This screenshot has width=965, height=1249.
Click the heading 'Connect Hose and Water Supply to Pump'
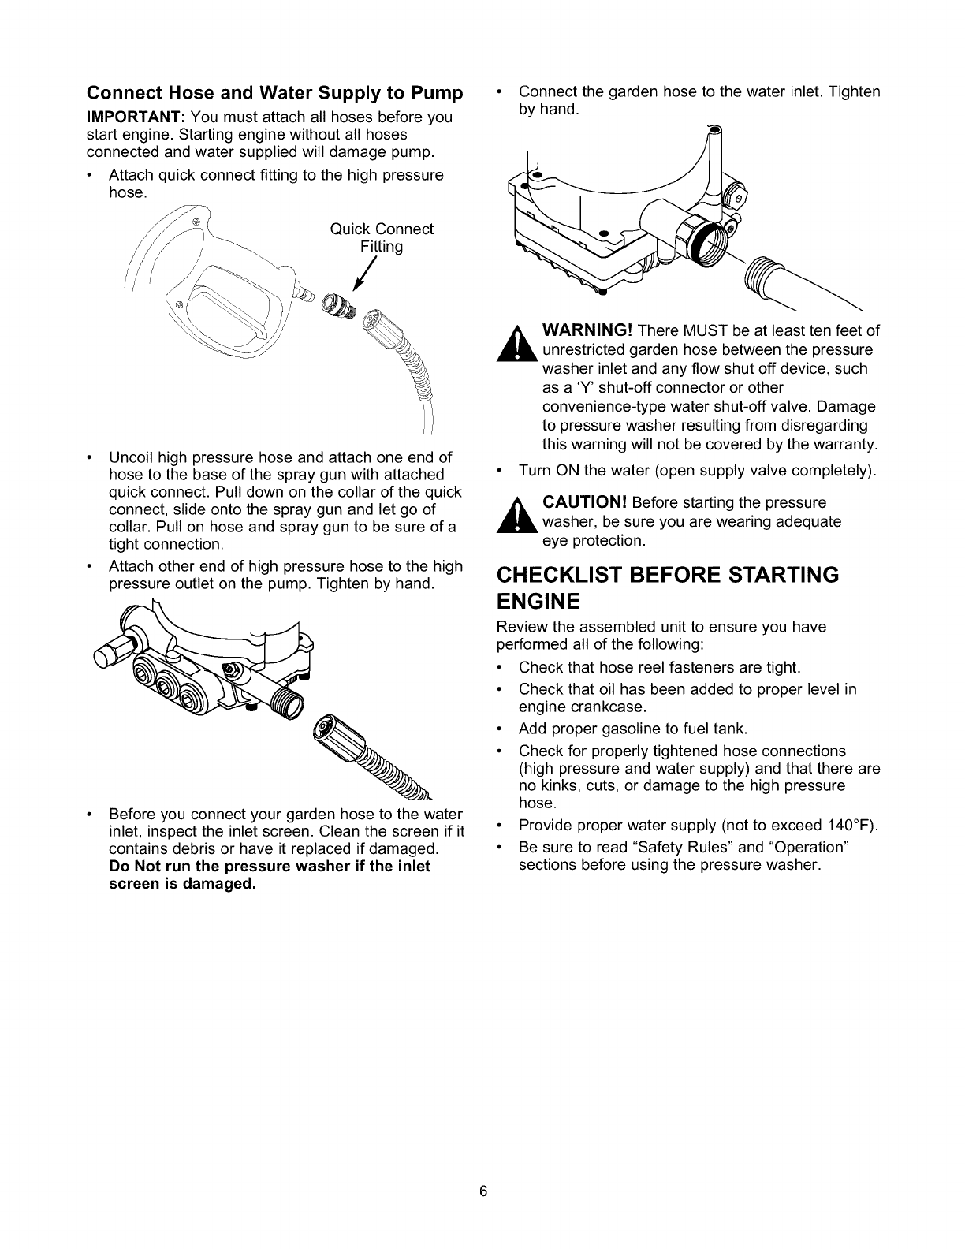click(x=274, y=94)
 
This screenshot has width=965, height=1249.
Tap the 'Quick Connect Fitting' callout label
click(x=382, y=237)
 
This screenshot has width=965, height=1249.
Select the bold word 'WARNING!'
click(x=587, y=330)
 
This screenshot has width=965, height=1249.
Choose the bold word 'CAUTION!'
click(x=583, y=503)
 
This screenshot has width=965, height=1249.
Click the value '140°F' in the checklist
click(x=850, y=826)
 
